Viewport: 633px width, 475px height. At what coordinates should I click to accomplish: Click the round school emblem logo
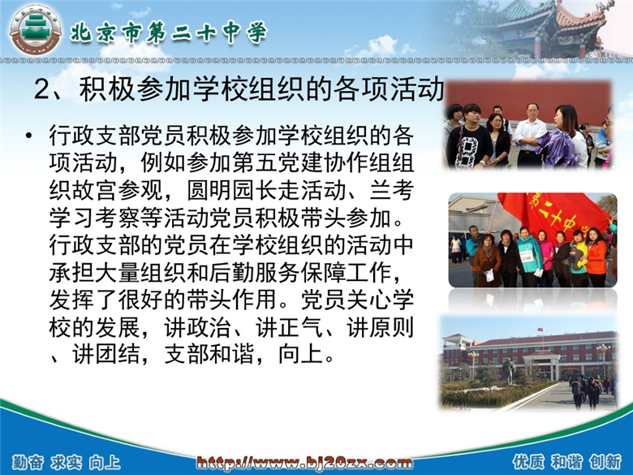[36, 31]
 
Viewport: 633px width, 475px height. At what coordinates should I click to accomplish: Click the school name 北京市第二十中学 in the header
[169, 32]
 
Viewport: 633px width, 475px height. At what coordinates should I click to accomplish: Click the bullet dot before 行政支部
[28, 135]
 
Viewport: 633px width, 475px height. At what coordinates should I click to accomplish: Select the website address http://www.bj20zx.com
[304, 462]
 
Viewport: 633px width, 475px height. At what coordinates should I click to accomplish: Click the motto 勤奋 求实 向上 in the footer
[67, 463]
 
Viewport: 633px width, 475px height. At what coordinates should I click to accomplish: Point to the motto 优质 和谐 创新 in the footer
[567, 461]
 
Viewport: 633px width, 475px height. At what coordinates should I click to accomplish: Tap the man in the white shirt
[529, 135]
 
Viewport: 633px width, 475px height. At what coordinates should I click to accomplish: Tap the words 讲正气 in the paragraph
[290, 327]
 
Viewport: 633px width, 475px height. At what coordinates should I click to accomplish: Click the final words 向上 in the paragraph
[301, 355]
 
